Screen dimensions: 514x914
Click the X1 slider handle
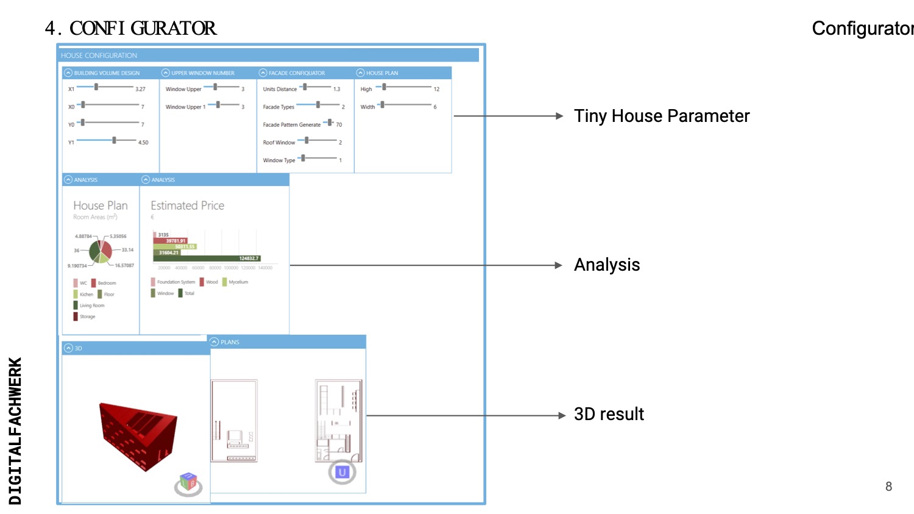pos(96,87)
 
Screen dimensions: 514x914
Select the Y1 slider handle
pos(114,140)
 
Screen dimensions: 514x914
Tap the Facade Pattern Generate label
pos(291,125)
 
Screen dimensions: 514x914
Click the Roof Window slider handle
pos(306,140)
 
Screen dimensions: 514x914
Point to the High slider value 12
pos(436,89)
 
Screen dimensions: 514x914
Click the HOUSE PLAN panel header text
pos(382,73)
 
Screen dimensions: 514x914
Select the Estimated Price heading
pos(187,206)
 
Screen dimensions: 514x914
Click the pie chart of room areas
pos(101,251)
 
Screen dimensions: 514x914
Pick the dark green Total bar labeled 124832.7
pos(207,259)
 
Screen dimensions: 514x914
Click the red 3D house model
pos(139,435)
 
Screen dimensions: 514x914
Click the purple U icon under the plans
pos(342,473)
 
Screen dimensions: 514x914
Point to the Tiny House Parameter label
pos(662,116)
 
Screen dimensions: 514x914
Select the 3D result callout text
pos(609,414)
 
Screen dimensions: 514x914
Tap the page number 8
pos(888,487)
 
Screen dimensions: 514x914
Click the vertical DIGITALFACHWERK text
pos(15,430)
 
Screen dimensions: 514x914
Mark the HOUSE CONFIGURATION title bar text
pos(99,55)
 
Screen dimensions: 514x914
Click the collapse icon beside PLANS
pos(214,342)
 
